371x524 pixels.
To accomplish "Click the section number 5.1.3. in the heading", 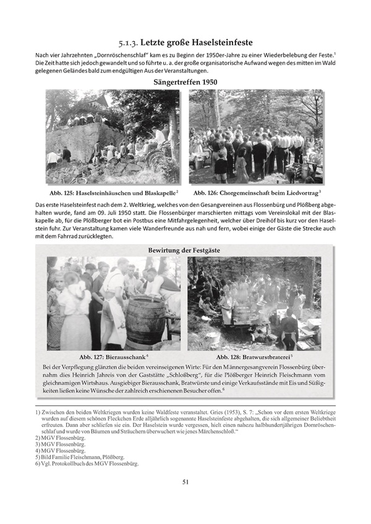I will [130, 44].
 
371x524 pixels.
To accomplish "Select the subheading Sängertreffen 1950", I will [185, 82].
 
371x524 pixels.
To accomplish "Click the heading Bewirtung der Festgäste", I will [185, 250].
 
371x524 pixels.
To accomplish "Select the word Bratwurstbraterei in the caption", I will [267, 357].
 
